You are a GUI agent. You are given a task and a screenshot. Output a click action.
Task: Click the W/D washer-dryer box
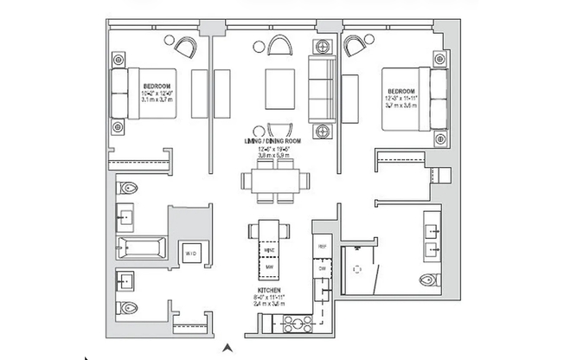(190, 252)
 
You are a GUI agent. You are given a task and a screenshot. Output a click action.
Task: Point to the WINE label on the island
(269, 249)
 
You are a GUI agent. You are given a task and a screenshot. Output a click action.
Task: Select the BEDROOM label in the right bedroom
(401, 92)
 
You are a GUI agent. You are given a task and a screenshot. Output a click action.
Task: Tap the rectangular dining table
(275, 183)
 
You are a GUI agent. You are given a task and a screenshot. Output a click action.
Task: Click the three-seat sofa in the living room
(322, 87)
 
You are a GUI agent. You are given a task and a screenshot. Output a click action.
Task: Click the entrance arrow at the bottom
(227, 348)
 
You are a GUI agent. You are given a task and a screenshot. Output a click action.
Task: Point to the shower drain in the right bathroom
(356, 268)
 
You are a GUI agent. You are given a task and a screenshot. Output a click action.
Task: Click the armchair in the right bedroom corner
(356, 44)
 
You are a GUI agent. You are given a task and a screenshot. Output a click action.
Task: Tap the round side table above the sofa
(323, 46)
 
